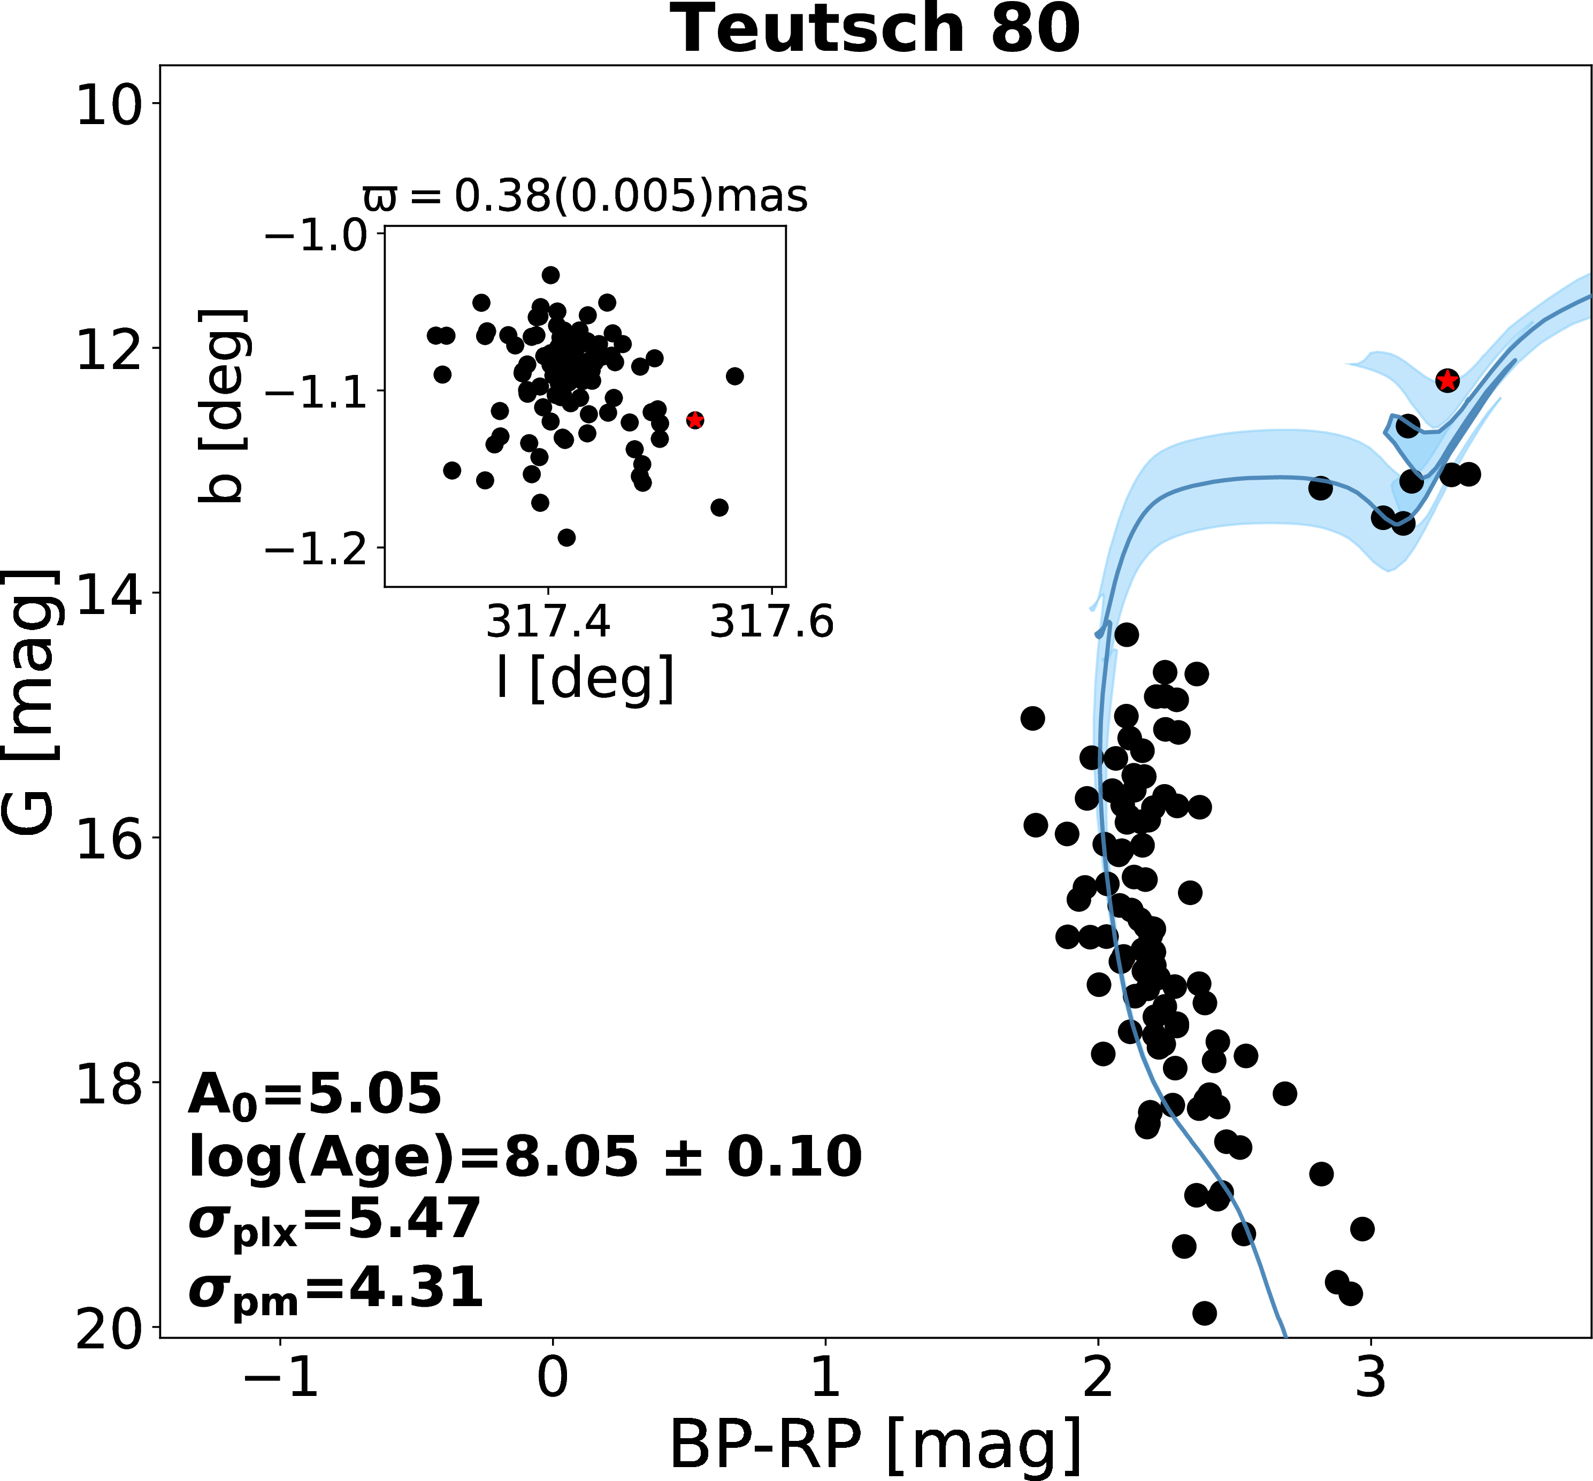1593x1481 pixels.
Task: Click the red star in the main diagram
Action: click(1446, 381)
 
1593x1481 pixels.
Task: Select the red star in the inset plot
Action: click(695, 420)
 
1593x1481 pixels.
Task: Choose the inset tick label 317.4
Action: click(548, 621)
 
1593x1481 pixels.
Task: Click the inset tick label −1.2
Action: click(317, 550)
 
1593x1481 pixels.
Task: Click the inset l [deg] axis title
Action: click(585, 679)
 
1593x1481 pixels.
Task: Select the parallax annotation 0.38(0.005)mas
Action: click(585, 196)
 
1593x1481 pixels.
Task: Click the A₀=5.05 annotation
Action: click(314, 1095)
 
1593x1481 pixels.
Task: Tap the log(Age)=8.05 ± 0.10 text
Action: click(525, 1157)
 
